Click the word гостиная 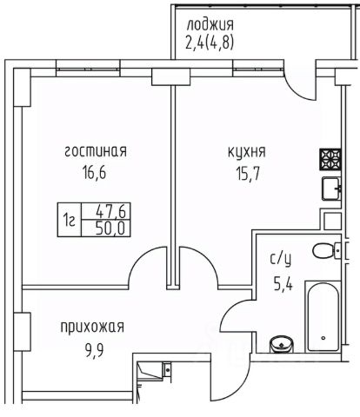[x=96, y=152]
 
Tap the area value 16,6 [x=95, y=173]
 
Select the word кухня [x=247, y=152]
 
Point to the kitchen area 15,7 [x=247, y=174]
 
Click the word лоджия [x=210, y=25]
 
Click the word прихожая [x=92, y=328]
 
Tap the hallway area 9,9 [x=94, y=351]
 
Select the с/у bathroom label [x=280, y=259]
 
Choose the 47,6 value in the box [x=110, y=212]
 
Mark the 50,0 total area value [x=110, y=228]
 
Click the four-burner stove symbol [x=330, y=159]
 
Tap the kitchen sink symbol [x=331, y=189]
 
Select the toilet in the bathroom [x=326, y=249]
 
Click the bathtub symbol [x=323, y=316]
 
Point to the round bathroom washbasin [x=281, y=344]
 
